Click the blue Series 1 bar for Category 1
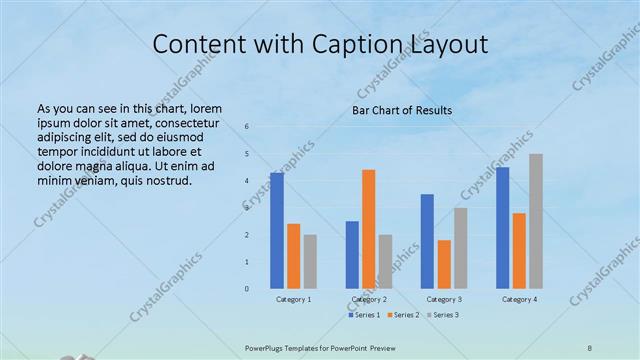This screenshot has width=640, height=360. coord(277,230)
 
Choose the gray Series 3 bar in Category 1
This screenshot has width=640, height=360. coord(310,261)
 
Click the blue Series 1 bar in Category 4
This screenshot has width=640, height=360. coord(502,227)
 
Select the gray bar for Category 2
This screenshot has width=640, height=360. coord(385,261)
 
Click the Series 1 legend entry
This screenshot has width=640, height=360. coord(364,315)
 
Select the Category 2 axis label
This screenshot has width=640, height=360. coord(368,300)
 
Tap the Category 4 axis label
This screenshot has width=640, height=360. coord(519,300)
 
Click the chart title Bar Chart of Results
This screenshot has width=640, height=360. coord(402,110)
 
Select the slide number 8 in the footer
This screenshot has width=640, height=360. coord(590,347)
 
